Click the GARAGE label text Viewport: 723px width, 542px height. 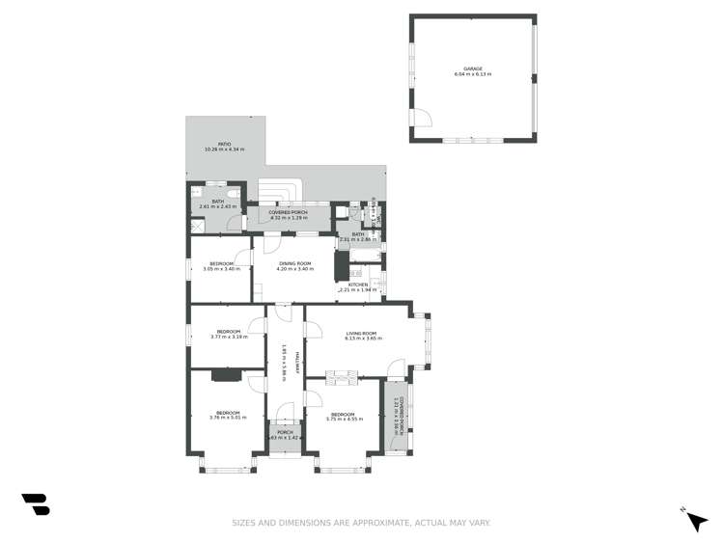point(472,69)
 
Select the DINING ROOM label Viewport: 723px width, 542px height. point(294,263)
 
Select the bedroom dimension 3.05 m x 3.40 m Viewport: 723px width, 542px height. point(221,269)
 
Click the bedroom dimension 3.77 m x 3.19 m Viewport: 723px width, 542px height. point(229,337)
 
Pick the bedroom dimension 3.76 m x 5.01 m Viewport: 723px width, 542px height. point(228,418)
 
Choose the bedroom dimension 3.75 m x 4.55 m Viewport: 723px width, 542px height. point(345,418)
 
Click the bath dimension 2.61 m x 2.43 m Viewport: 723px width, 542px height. point(217,206)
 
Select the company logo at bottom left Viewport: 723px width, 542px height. point(36,503)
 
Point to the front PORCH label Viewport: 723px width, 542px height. point(285,432)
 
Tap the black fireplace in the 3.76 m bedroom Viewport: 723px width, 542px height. point(228,374)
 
